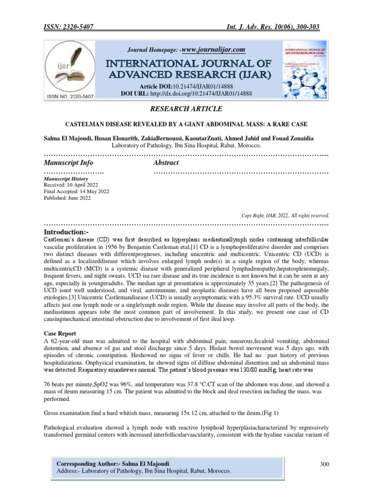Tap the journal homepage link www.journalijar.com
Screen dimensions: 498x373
coord(213,50)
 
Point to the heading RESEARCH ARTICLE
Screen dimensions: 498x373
coord(187,108)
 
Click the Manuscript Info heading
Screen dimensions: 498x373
coord(68,162)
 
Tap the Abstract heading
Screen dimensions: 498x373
coord(166,162)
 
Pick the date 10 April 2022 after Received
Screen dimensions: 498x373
coord(84,185)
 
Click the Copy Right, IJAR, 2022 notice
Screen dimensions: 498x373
coord(285,215)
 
